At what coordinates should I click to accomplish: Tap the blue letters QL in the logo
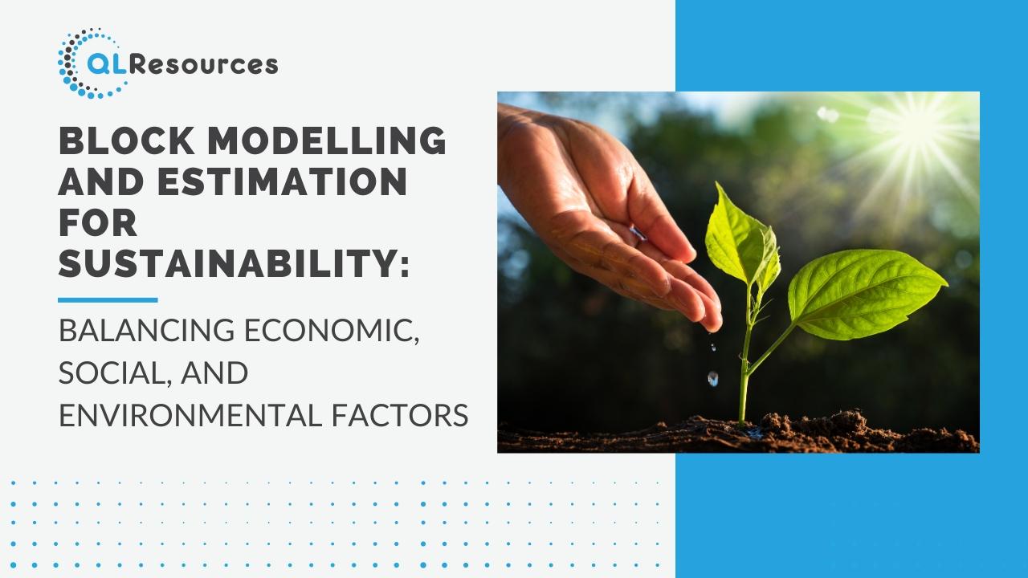pyautogui.click(x=108, y=65)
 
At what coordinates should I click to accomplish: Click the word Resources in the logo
pyautogui.click(x=204, y=65)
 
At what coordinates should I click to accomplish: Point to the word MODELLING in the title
pyautogui.click(x=327, y=140)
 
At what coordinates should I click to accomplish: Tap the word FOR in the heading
pyautogui.click(x=98, y=222)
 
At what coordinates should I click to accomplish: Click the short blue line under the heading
pyautogui.click(x=108, y=300)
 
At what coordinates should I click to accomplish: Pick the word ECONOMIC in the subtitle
pyautogui.click(x=332, y=332)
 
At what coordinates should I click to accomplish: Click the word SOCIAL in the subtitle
pyautogui.click(x=116, y=373)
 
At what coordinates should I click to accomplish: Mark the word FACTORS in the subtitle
pyautogui.click(x=400, y=415)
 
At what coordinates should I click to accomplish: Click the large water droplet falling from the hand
pyautogui.click(x=712, y=378)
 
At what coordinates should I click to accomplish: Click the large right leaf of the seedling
pyautogui.click(x=865, y=294)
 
